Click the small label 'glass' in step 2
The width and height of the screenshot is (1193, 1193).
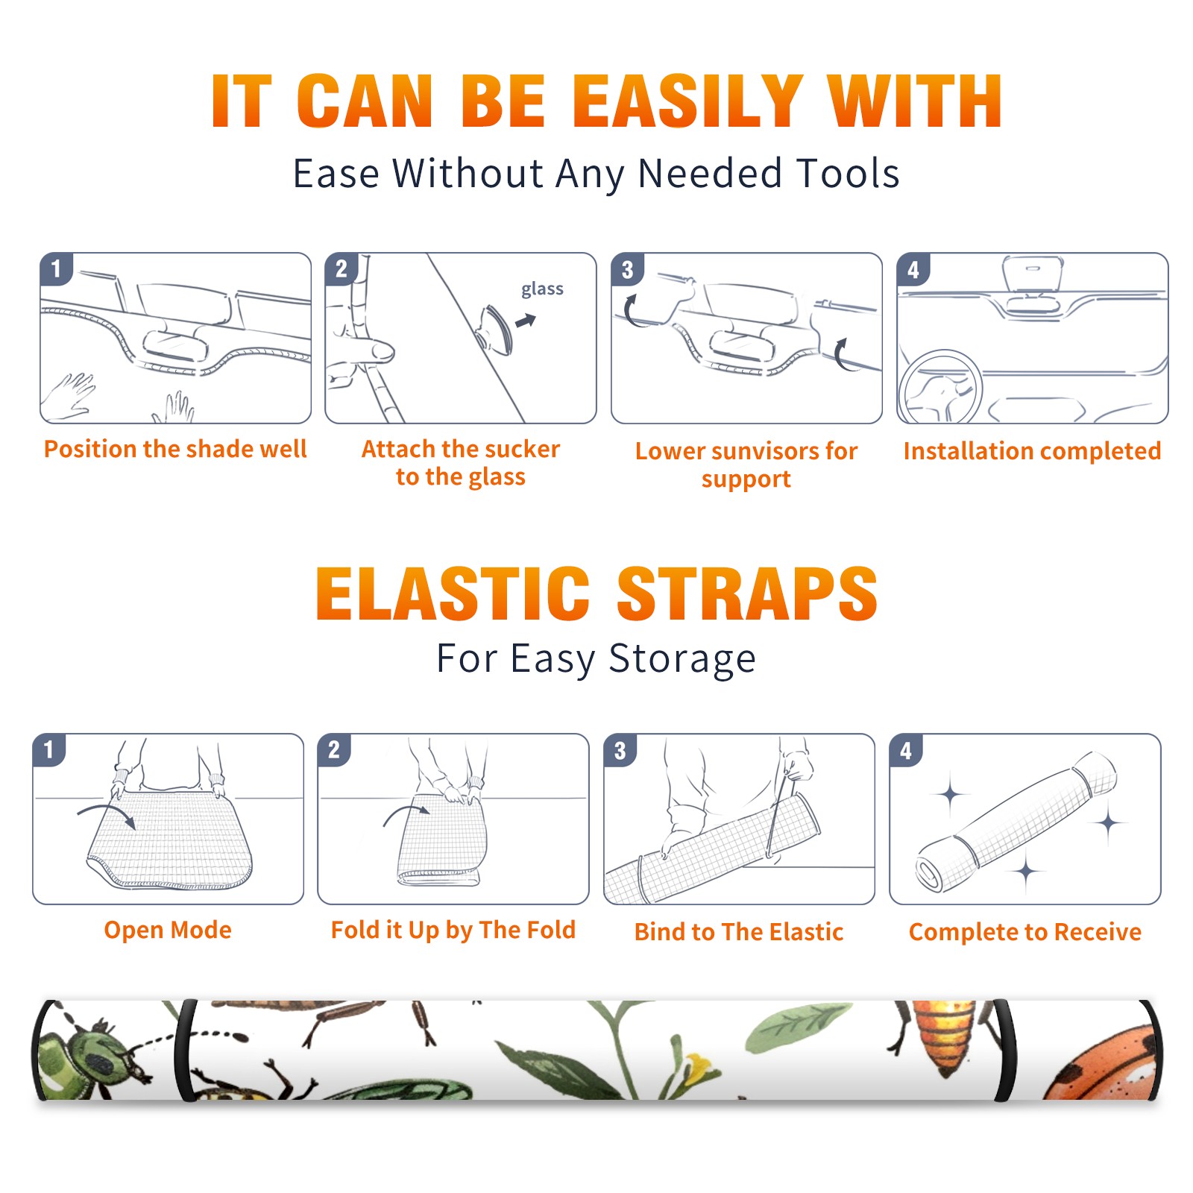(542, 289)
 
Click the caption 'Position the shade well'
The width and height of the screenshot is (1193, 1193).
(175, 449)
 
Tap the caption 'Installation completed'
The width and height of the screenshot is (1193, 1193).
(1032, 451)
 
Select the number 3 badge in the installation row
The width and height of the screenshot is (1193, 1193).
(627, 270)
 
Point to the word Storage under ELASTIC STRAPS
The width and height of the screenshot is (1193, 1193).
(682, 659)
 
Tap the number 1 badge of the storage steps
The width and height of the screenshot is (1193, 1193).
(49, 750)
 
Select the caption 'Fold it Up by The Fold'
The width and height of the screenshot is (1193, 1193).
(453, 930)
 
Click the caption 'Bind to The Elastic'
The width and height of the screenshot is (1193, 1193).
(739, 932)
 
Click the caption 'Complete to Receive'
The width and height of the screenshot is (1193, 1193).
(1025, 932)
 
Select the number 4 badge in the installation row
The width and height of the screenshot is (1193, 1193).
(913, 270)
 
